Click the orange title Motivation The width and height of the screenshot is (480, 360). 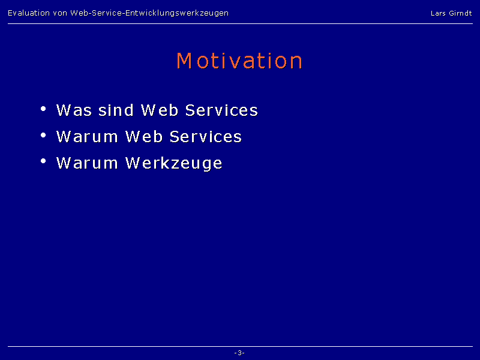click(x=239, y=61)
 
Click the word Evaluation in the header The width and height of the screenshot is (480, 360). click(x=29, y=13)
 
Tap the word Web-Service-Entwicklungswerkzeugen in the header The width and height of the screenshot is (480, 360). click(x=149, y=13)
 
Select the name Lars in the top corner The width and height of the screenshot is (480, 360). click(x=438, y=13)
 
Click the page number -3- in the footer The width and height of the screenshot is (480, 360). click(x=239, y=353)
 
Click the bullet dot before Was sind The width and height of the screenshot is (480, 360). click(x=43, y=109)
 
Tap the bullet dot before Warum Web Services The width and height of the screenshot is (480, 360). click(x=43, y=135)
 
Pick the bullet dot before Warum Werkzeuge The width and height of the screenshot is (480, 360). click(x=43, y=161)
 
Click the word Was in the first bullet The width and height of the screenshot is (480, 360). click(x=74, y=110)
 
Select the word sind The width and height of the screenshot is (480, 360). click(x=116, y=110)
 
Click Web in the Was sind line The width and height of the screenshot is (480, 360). click(x=160, y=110)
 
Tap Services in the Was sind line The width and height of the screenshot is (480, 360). click(x=221, y=110)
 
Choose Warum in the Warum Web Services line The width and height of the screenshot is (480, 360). click(x=87, y=137)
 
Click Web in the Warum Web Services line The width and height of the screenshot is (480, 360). click(x=144, y=137)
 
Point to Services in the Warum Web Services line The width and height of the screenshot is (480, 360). click(x=206, y=137)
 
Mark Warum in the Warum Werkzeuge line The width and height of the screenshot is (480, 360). click(x=87, y=163)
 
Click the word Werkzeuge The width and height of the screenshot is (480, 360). click(x=174, y=163)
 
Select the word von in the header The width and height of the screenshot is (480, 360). click(x=60, y=13)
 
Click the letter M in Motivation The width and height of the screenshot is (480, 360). click(x=184, y=61)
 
